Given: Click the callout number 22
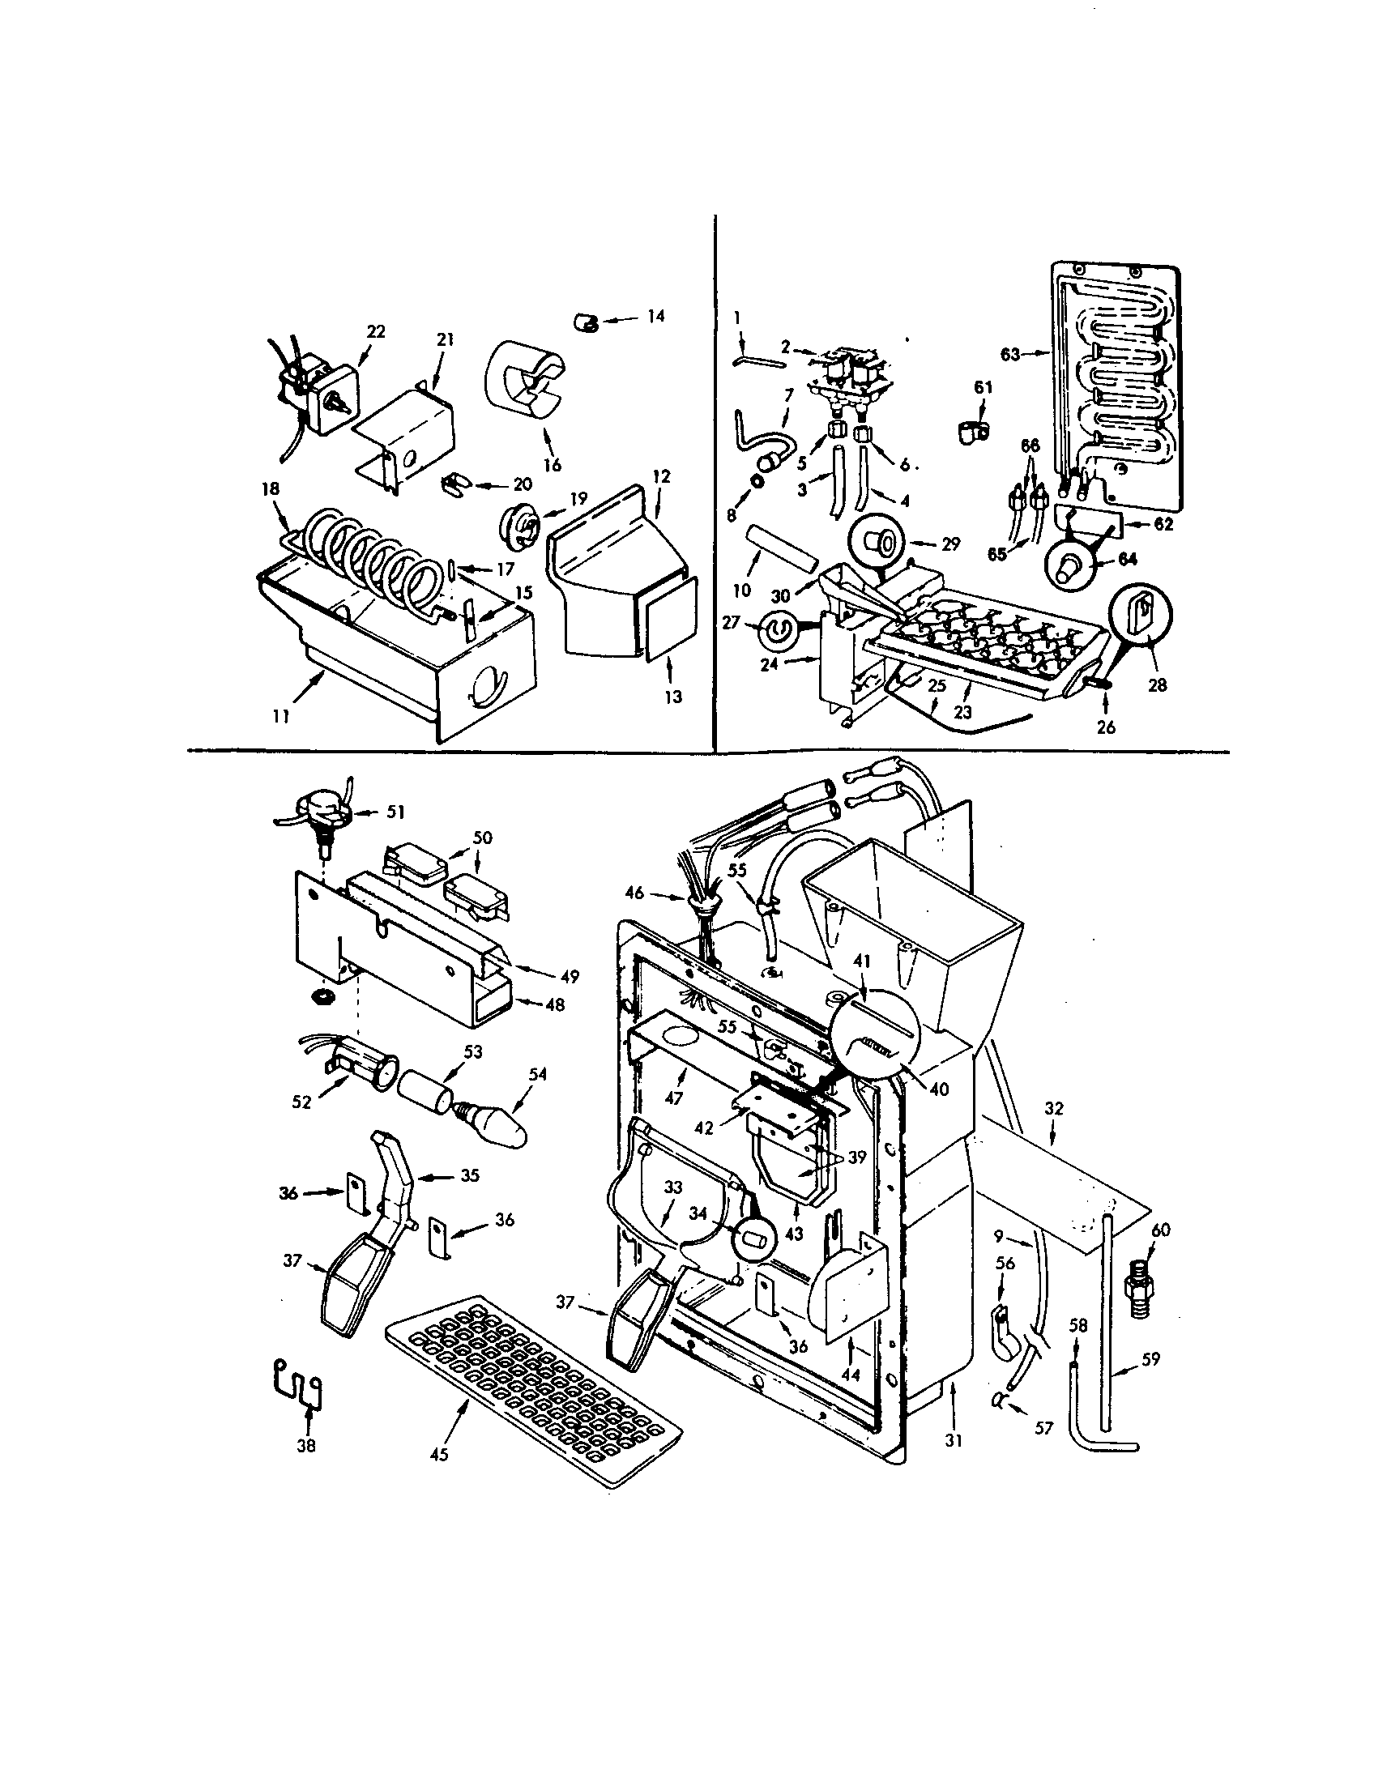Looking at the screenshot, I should [x=376, y=331].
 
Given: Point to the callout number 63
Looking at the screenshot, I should [x=1010, y=354].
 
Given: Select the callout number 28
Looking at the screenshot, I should [x=1157, y=684].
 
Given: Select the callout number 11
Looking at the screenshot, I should [x=281, y=716].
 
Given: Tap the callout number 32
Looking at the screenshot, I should [x=1054, y=1108].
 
